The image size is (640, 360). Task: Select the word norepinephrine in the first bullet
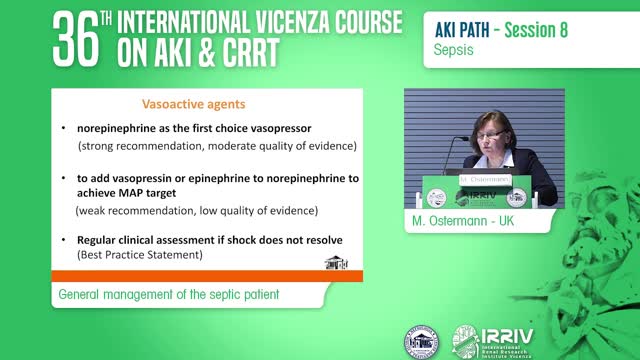point(118,129)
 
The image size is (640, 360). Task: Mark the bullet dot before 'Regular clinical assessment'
point(64,241)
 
